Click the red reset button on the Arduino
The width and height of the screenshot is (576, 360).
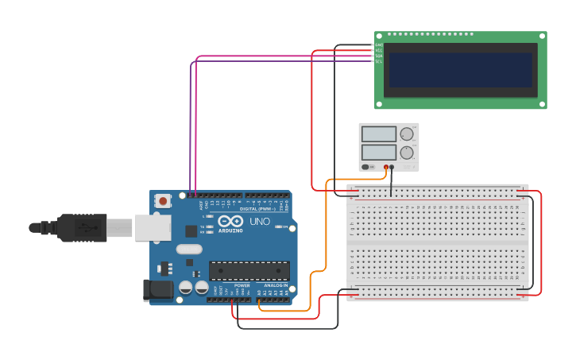[x=163, y=201]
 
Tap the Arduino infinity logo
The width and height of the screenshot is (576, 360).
[x=231, y=222]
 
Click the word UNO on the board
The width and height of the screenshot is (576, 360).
[x=260, y=222]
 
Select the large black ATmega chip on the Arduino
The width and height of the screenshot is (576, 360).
[x=249, y=270]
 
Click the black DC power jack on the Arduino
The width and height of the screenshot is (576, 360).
[x=157, y=290]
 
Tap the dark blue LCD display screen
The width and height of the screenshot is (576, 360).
[x=458, y=70]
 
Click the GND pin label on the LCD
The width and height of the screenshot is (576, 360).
[x=379, y=45]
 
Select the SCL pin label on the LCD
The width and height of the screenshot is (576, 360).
[x=379, y=61]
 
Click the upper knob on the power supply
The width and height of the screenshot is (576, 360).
[x=407, y=134]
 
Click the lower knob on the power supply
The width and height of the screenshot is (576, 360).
[x=407, y=152]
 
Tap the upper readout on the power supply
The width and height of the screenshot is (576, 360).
[x=378, y=134]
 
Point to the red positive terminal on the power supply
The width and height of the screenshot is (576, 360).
[x=386, y=167]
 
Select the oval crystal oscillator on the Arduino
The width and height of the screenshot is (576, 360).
[x=190, y=249]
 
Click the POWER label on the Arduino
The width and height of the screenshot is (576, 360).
[x=242, y=285]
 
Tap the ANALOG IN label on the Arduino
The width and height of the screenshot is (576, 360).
[x=276, y=285]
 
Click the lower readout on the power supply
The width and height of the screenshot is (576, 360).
[x=378, y=152]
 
